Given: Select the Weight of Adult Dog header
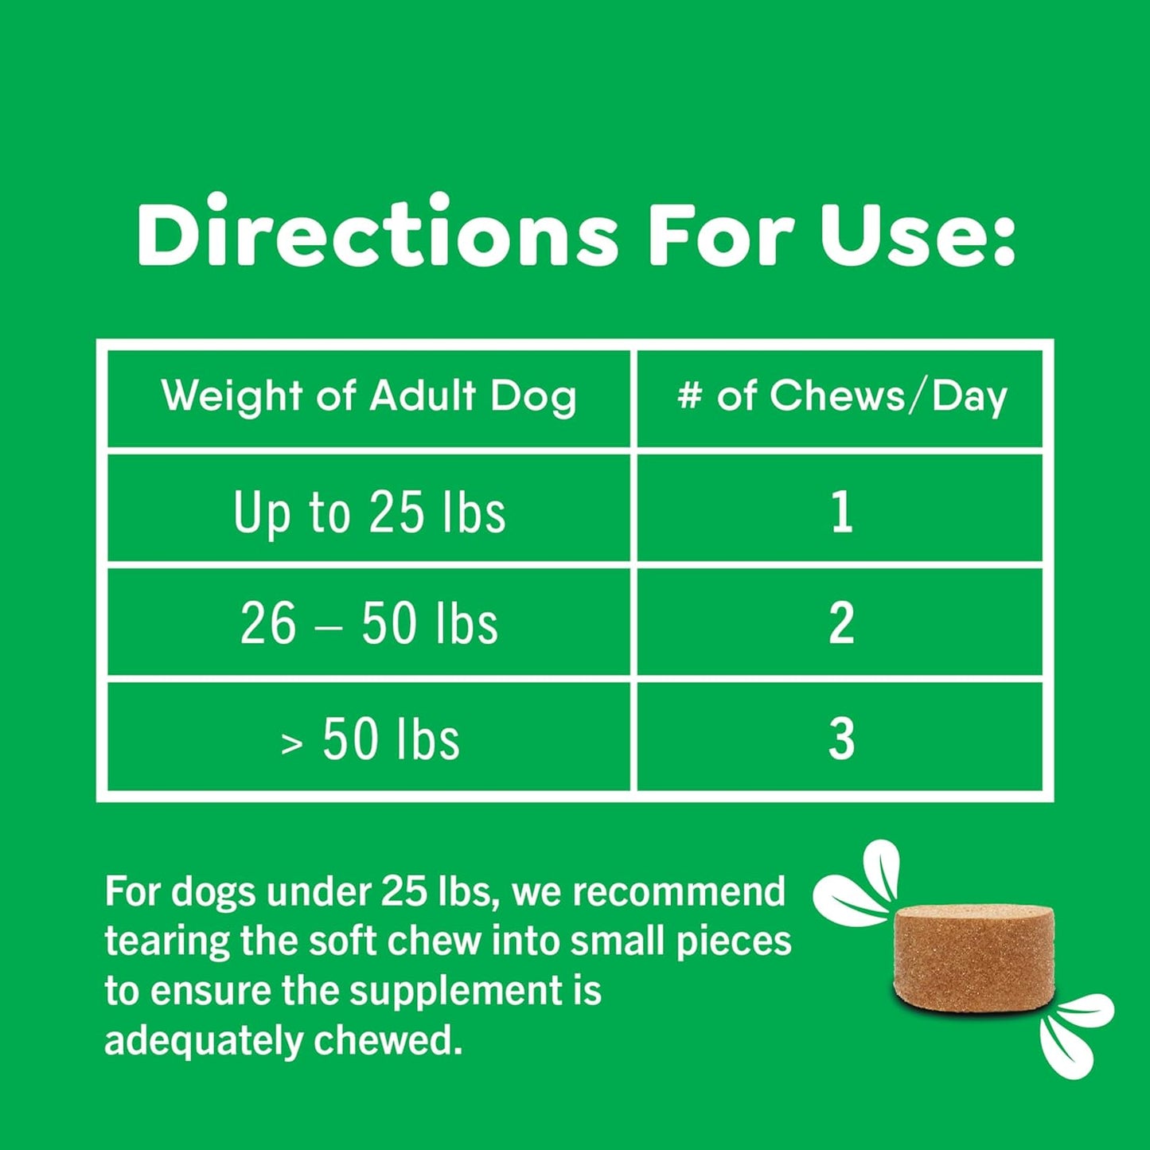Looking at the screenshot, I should click(368, 396).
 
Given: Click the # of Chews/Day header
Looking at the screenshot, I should click(841, 396).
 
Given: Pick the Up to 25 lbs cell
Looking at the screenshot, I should click(369, 512).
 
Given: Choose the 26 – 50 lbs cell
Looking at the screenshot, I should click(369, 623).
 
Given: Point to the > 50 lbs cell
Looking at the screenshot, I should click(369, 739).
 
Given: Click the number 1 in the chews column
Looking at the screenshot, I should click(842, 512).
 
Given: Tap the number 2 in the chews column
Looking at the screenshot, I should click(841, 623).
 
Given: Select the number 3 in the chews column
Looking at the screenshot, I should click(841, 739).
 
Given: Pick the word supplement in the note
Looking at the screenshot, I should click(454, 992).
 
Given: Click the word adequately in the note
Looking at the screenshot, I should click(204, 1040).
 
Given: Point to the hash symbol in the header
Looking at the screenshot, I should click(689, 396).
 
